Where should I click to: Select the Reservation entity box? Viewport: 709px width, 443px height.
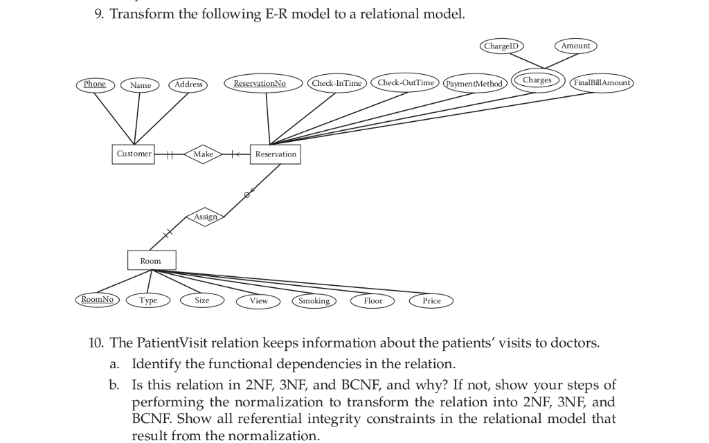coord(276,154)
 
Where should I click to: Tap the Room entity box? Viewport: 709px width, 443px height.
coord(152,261)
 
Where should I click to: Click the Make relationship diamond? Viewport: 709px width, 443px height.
coord(203,154)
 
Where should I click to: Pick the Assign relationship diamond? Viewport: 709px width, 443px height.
coord(206,217)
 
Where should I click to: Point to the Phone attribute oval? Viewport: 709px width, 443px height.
coord(95,84)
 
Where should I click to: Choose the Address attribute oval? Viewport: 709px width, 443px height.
coord(188,84)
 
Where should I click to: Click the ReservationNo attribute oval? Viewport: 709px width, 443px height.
coord(260,84)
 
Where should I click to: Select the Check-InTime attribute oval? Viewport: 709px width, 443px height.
coord(336,84)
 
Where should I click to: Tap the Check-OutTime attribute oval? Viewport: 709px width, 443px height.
coord(406,83)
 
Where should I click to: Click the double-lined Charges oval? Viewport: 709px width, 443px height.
coord(538,80)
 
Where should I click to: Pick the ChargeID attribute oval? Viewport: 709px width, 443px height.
coord(501,46)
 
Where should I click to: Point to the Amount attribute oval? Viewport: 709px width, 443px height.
coord(575,46)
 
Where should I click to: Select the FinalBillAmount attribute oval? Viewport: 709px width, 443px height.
coord(602,83)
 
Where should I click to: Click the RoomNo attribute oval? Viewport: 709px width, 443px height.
coord(97,300)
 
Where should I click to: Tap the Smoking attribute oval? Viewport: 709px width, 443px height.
coord(314,301)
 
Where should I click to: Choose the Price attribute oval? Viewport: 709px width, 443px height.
coord(431,301)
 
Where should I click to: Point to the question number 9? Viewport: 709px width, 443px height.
coord(98,15)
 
